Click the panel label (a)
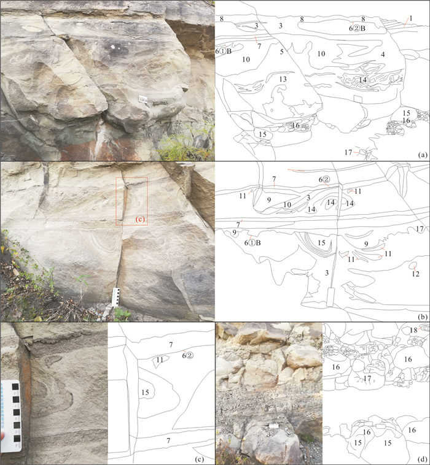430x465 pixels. coord(422,155)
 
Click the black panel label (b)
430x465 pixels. coord(422,317)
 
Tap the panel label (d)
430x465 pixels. coord(422,460)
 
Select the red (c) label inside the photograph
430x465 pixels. coord(140,219)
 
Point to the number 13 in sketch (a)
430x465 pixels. coord(283,79)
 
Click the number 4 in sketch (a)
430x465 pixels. coord(383,55)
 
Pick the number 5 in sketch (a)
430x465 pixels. coord(282,52)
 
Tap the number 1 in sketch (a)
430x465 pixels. coord(411,18)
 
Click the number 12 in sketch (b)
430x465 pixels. coord(415,274)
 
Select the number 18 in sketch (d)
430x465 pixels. coord(413,331)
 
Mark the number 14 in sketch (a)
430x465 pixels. coord(362,80)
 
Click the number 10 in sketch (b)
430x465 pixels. coord(287,205)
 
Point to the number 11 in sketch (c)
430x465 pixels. coord(160,359)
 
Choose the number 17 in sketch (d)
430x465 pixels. coord(367,379)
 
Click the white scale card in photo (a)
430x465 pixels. coord(143,99)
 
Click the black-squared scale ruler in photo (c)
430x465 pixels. coord(11,416)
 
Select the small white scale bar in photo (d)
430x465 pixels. coord(273,426)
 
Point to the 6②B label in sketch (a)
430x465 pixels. coord(357,28)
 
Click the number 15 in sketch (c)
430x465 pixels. coord(145,393)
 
